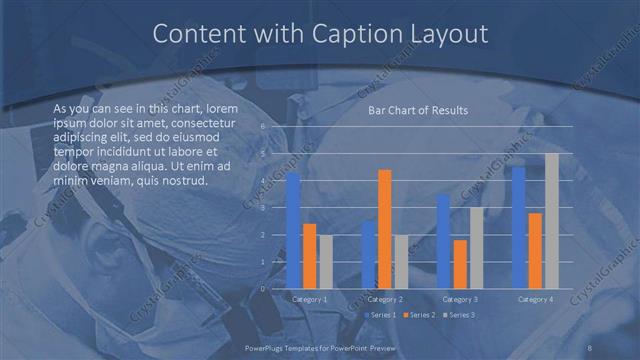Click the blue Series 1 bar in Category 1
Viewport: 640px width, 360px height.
tap(293, 231)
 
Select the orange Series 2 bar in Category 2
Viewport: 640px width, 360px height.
tap(385, 229)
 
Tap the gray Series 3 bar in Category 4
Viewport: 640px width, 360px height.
tap(551, 221)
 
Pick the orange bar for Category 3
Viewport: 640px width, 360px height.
tap(460, 264)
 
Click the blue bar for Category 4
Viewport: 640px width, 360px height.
tap(519, 227)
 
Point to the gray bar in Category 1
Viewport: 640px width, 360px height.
tap(326, 261)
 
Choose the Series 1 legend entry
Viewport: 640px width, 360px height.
tap(380, 315)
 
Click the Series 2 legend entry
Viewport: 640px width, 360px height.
tap(420, 315)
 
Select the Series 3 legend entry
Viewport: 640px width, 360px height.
tap(459, 315)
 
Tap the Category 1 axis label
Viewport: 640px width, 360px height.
tap(310, 299)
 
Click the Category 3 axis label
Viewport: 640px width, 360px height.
tap(460, 299)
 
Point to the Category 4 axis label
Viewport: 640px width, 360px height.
tap(535, 299)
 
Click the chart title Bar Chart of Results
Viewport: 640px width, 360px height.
tap(418, 111)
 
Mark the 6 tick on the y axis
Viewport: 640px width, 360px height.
tap(262, 127)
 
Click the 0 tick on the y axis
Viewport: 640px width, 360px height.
tap(262, 288)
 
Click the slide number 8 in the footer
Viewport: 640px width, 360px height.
tap(590, 346)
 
